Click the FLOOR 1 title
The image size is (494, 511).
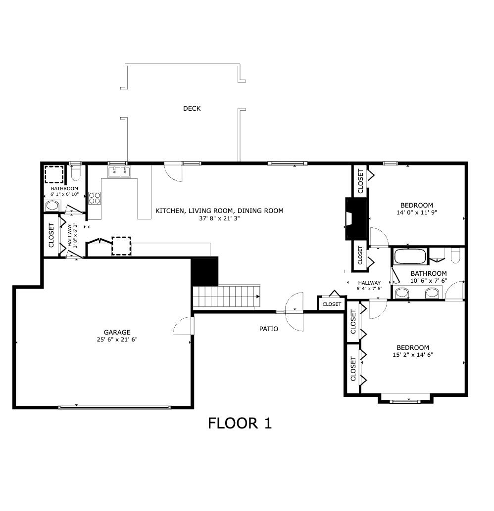[240, 424]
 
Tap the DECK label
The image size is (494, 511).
[192, 108]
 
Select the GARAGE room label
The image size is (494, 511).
[117, 332]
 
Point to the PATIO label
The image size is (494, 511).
[269, 329]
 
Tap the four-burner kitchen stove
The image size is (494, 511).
[94, 198]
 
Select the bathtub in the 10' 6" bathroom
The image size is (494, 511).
[409, 257]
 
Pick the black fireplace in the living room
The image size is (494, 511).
[356, 218]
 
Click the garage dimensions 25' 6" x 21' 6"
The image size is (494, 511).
[117, 340]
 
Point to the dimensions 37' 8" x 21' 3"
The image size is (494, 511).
[219, 218]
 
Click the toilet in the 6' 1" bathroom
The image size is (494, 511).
[76, 173]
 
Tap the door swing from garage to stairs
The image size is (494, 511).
[184, 326]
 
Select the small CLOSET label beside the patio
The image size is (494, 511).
[332, 304]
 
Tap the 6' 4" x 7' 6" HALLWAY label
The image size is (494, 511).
[369, 286]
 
